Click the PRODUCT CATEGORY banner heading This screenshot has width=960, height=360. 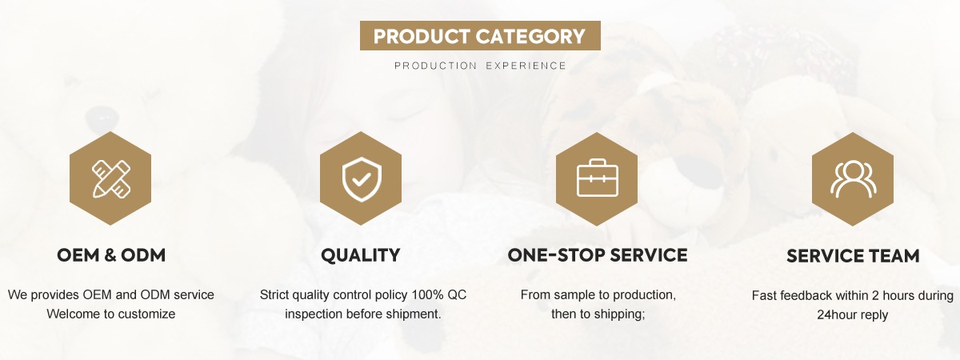click(x=479, y=36)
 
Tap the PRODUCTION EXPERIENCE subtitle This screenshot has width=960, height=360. click(x=481, y=66)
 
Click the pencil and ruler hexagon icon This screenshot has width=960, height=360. click(x=110, y=178)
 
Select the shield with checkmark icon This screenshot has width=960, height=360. click(x=361, y=178)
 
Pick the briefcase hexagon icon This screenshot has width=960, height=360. click(x=597, y=178)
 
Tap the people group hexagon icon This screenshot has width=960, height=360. click(x=853, y=178)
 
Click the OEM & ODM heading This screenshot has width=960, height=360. click(x=111, y=255)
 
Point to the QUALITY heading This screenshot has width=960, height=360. click(x=361, y=255)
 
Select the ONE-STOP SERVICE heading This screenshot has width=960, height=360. click(x=598, y=255)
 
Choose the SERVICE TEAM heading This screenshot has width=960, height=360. click(x=853, y=256)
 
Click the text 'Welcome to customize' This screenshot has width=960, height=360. click(x=111, y=314)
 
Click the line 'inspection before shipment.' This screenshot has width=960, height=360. click(x=363, y=314)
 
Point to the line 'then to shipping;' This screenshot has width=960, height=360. click(x=598, y=314)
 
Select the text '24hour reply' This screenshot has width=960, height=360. click(x=853, y=314)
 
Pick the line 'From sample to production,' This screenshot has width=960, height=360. click(x=598, y=295)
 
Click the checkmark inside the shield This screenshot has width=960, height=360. click(x=362, y=179)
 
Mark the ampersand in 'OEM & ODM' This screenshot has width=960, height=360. click(x=110, y=255)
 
